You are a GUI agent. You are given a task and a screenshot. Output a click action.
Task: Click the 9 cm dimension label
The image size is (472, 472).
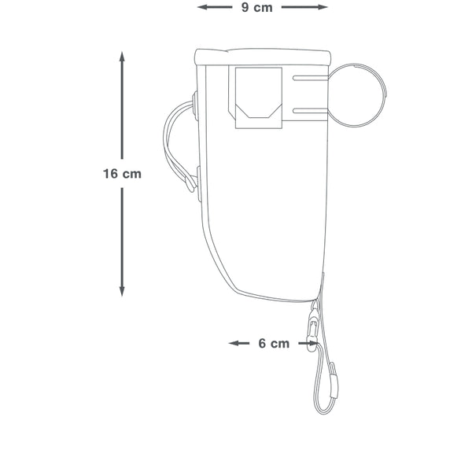256,8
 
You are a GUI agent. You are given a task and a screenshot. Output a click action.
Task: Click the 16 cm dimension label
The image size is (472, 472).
122,174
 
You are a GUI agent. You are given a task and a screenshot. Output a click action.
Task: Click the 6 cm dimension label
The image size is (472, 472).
274,344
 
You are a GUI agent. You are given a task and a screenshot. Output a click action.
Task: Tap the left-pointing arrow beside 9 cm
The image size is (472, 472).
215,7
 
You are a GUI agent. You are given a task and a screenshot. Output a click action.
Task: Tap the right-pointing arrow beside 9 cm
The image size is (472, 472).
304,7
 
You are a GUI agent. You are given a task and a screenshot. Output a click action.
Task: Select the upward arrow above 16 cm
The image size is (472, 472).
122,105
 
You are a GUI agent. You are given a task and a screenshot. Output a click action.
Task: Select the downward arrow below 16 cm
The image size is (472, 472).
122,242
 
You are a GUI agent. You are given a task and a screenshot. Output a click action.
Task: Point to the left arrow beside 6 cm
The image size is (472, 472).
239,343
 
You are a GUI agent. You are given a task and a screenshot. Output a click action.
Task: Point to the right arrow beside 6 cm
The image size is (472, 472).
308,343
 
